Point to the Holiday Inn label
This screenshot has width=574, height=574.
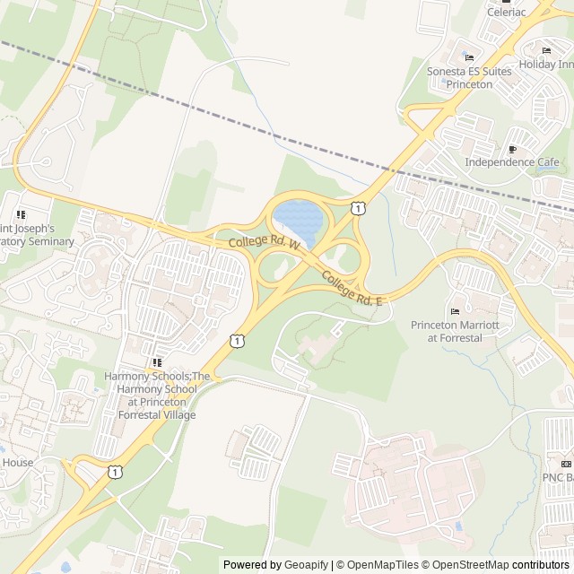[546, 65]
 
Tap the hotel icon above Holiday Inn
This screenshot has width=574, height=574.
[546, 51]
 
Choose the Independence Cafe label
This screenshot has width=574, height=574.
[511, 162]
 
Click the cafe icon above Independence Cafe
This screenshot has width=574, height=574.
[512, 149]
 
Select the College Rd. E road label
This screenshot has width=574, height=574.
[352, 289]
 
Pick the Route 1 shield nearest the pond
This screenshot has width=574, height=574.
[359, 208]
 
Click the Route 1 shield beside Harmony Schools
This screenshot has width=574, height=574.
[236, 340]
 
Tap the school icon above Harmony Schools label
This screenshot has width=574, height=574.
[156, 361]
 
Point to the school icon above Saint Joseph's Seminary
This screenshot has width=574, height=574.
[21, 215]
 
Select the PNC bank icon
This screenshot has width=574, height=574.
[566, 463]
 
